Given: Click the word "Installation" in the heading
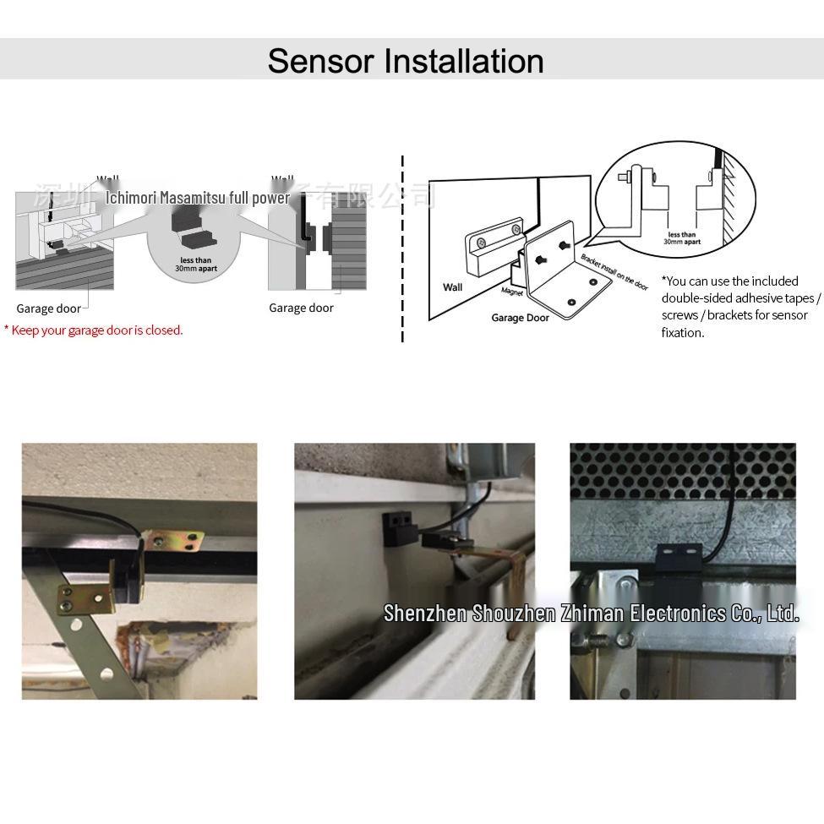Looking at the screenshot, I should (x=463, y=61).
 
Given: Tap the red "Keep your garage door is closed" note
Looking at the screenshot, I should (x=95, y=330).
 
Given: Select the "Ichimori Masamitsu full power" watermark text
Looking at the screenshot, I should (x=198, y=199).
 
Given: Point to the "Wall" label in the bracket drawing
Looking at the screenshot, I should (x=452, y=287).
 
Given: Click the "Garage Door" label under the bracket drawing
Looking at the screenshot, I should (x=520, y=318).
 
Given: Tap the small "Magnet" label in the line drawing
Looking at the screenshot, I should (x=512, y=292).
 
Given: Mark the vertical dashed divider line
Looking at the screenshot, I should (x=402, y=249).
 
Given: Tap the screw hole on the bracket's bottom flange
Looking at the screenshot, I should (x=571, y=302).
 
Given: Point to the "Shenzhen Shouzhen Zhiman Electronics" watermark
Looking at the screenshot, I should (x=590, y=613).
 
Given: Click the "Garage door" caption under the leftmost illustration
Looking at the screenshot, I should (x=48, y=308).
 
